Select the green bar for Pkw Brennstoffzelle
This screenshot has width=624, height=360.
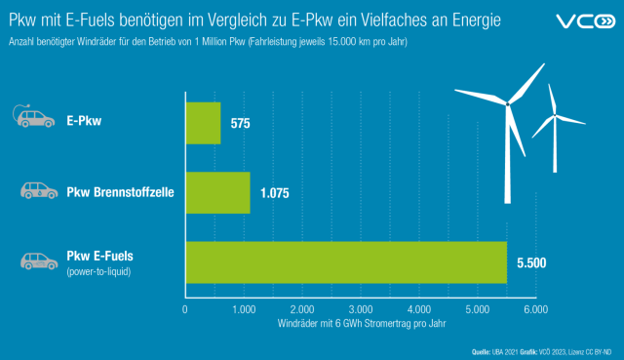(x=217, y=192)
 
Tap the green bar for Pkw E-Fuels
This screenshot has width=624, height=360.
(x=346, y=261)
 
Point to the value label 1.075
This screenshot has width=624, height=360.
(x=277, y=193)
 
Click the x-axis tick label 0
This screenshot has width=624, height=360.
(x=185, y=309)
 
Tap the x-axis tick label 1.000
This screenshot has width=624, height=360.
(x=243, y=309)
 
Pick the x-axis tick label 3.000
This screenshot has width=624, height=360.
(x=360, y=309)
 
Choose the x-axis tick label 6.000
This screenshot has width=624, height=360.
(x=535, y=309)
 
